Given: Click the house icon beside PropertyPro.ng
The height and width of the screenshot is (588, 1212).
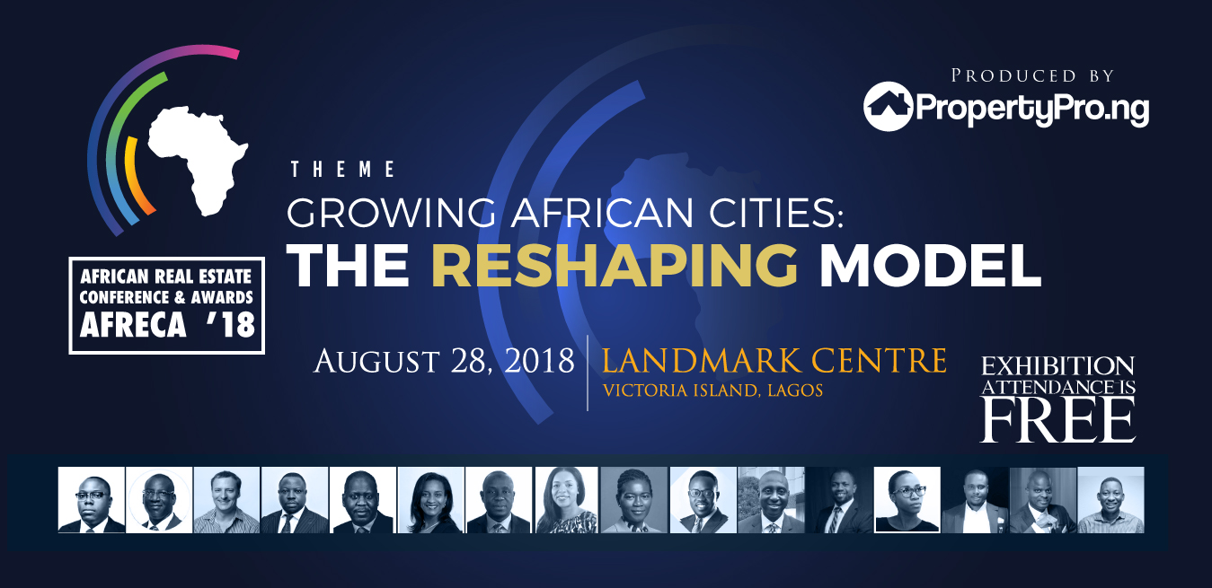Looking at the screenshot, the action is [888, 107].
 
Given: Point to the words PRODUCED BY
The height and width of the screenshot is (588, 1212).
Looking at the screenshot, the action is [1032, 75].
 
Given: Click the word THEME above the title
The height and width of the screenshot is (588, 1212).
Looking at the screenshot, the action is [343, 170].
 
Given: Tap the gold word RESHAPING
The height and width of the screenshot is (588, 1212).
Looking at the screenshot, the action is [615, 266].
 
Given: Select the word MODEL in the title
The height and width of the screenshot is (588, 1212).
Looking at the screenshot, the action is [931, 266].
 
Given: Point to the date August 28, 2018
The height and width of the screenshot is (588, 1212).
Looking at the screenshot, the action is [444, 361].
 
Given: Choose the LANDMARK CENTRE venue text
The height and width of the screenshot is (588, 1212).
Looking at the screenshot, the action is [774, 361].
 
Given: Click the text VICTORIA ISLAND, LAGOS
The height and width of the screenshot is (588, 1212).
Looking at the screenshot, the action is [712, 391].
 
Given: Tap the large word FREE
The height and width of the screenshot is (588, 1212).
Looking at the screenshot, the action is [1057, 420].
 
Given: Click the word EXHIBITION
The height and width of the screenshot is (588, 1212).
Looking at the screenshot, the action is [1057, 366].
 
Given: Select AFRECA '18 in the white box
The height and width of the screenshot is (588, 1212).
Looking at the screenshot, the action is [167, 325].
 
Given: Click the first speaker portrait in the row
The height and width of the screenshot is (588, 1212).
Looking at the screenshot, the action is [92, 500].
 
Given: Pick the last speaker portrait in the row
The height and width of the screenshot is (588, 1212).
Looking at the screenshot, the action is [1110, 500].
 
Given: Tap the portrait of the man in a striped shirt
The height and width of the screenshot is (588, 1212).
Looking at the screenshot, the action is [226, 500].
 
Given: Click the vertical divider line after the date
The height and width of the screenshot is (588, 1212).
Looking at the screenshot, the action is [588, 373].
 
